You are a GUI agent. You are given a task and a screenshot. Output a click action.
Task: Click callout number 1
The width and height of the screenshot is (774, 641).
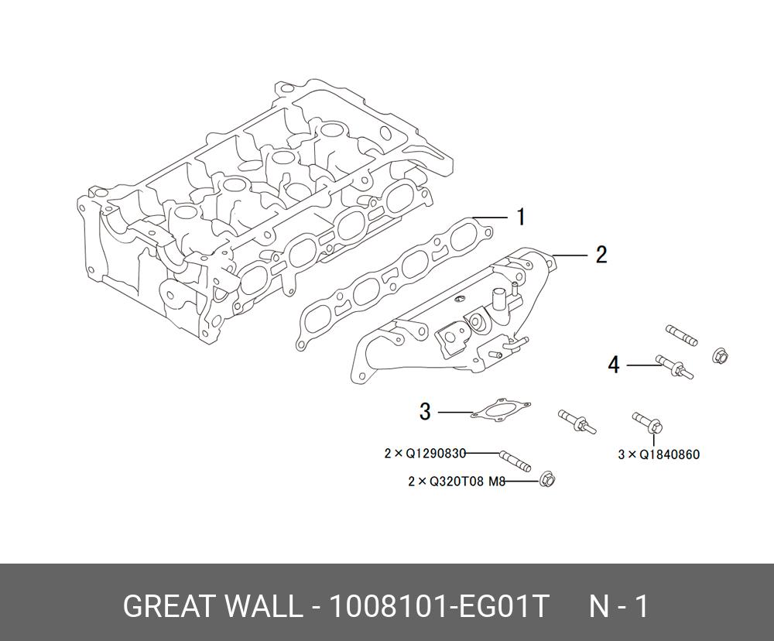(x=521, y=217)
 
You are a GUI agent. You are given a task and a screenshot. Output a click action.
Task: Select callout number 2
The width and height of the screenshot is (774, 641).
(x=601, y=255)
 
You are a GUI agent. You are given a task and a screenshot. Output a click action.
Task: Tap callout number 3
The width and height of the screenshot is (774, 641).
(x=425, y=412)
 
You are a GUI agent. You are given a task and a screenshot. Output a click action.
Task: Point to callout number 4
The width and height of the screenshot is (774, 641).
(x=614, y=364)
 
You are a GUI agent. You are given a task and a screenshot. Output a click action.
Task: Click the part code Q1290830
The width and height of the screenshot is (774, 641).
(x=438, y=454)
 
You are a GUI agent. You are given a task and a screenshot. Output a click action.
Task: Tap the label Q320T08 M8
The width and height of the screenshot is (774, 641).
(x=467, y=482)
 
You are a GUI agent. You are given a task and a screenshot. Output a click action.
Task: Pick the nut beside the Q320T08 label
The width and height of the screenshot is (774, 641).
(x=547, y=481)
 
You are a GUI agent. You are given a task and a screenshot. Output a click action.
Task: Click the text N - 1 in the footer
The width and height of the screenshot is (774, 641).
(x=618, y=607)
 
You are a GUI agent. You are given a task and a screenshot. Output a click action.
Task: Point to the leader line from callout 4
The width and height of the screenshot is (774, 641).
(x=641, y=365)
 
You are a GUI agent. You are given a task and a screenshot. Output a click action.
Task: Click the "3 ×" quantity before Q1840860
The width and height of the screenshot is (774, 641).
(x=627, y=454)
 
